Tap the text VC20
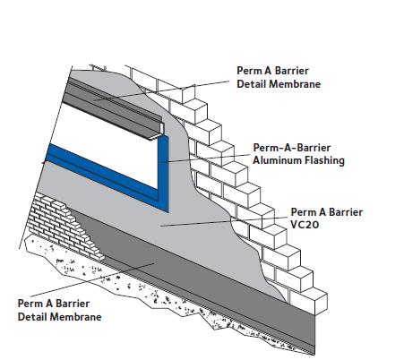coord(305,225)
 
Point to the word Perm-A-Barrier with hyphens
coord(292,148)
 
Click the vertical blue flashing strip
coord(163,173)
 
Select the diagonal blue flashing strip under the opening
coord(101,173)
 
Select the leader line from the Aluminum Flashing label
coord(205,159)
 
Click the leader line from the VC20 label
coord(224,222)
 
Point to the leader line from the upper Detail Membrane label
coord(161,90)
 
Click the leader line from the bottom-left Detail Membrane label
coord(92,279)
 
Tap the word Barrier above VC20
coord(345,212)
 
